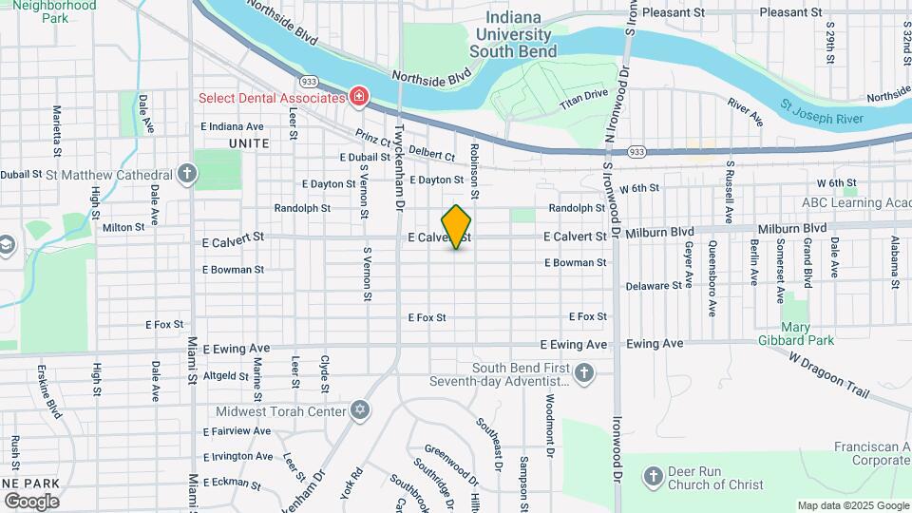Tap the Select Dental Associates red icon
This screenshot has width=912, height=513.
tap(359, 96)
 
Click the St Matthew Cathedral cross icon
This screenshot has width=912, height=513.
tap(187, 174)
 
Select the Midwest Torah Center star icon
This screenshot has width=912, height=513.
tap(359, 409)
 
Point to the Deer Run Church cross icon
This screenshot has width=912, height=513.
tap(654, 475)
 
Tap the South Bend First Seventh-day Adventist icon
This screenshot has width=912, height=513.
tap(584, 373)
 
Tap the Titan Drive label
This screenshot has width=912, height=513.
tap(582, 95)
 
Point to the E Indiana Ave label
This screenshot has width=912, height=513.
tap(232, 126)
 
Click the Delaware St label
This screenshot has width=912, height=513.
tap(655, 285)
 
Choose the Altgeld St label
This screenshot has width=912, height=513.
tap(226, 376)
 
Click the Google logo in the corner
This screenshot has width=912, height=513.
tap(31, 501)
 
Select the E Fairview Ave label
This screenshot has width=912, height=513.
tap(237, 431)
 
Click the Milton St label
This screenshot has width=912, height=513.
tap(123, 227)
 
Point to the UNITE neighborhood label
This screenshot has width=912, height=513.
tap(249, 143)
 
